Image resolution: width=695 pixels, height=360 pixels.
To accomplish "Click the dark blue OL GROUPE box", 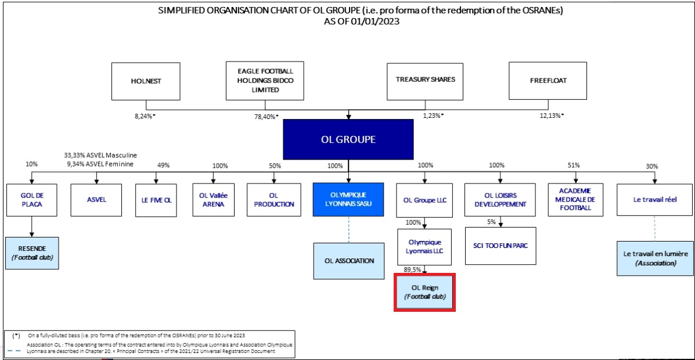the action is click(348, 139).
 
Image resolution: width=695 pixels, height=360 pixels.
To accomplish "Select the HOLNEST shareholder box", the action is click(146, 81).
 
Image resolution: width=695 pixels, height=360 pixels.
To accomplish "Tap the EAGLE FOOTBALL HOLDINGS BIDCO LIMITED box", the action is click(265, 81).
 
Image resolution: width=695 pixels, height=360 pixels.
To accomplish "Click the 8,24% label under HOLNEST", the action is click(145, 116).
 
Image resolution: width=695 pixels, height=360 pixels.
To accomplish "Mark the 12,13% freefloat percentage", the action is click(551, 116).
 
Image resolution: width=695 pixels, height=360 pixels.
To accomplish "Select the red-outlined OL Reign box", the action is click(424, 292).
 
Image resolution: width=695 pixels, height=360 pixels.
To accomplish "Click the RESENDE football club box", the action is click(32, 253).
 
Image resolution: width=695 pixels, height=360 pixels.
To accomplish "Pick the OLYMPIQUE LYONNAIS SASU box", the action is click(348, 200).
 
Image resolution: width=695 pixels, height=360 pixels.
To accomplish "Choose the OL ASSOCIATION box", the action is click(348, 261).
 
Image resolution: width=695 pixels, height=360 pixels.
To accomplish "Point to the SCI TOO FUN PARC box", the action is click(500, 246).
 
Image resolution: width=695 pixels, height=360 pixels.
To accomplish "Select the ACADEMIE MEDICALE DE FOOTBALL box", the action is click(576, 200).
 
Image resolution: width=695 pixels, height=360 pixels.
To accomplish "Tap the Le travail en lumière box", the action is click(655, 258).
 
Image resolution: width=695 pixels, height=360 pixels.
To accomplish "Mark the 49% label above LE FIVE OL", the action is click(163, 166).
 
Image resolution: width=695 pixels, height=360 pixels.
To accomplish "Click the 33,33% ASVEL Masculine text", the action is click(101, 156).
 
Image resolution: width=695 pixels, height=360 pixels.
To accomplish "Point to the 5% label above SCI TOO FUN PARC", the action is click(492, 222).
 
